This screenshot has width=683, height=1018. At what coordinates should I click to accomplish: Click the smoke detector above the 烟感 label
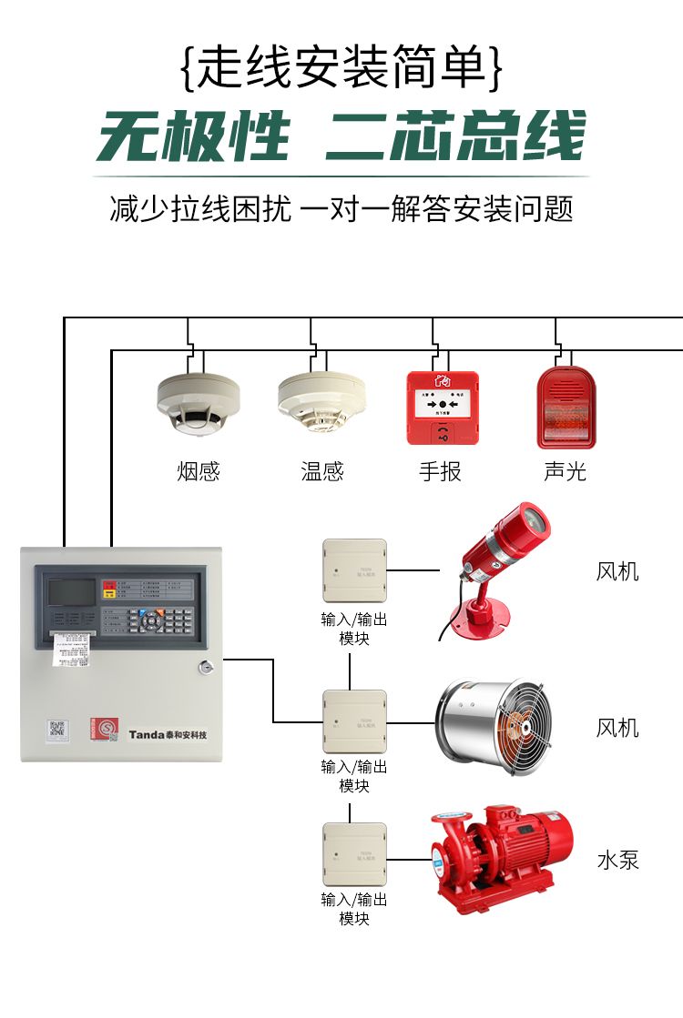(199, 401)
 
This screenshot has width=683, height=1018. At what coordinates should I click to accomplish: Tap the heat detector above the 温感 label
(321, 401)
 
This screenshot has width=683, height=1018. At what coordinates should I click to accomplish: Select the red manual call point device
(443, 407)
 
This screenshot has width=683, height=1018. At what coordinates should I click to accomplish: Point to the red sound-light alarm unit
(566, 407)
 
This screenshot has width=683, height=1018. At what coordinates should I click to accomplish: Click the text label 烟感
(199, 471)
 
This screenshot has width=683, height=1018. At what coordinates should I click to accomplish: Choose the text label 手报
(441, 471)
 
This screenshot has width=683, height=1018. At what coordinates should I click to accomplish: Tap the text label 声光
(566, 471)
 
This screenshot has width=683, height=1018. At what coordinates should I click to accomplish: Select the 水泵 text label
(617, 860)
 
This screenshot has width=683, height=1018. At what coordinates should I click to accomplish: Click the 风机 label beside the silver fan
(617, 728)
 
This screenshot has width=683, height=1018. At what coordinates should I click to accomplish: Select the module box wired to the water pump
(354, 854)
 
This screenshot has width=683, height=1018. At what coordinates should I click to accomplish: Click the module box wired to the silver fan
(354, 721)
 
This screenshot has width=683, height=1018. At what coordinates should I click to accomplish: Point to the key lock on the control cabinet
(207, 669)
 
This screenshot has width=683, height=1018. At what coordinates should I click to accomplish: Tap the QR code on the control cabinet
(57, 728)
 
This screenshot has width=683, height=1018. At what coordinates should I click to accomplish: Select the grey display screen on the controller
(70, 591)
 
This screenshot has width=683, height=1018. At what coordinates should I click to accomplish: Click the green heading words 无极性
(194, 139)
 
